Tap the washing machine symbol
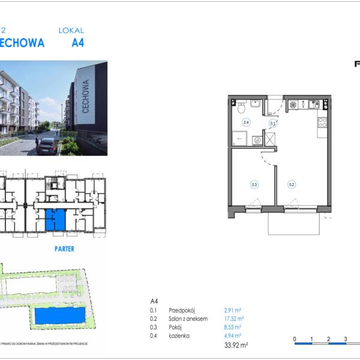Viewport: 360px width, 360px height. point(257,140)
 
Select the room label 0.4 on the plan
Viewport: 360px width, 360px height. point(246,122)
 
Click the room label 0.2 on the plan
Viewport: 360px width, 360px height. point(291,185)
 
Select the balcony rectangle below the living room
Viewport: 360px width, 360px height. point(293,223)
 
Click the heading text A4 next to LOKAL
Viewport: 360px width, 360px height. point(77,43)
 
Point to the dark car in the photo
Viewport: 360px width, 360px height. point(46,146)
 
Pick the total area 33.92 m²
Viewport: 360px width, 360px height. point(236,346)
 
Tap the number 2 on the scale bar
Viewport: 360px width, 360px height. point(329,339)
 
